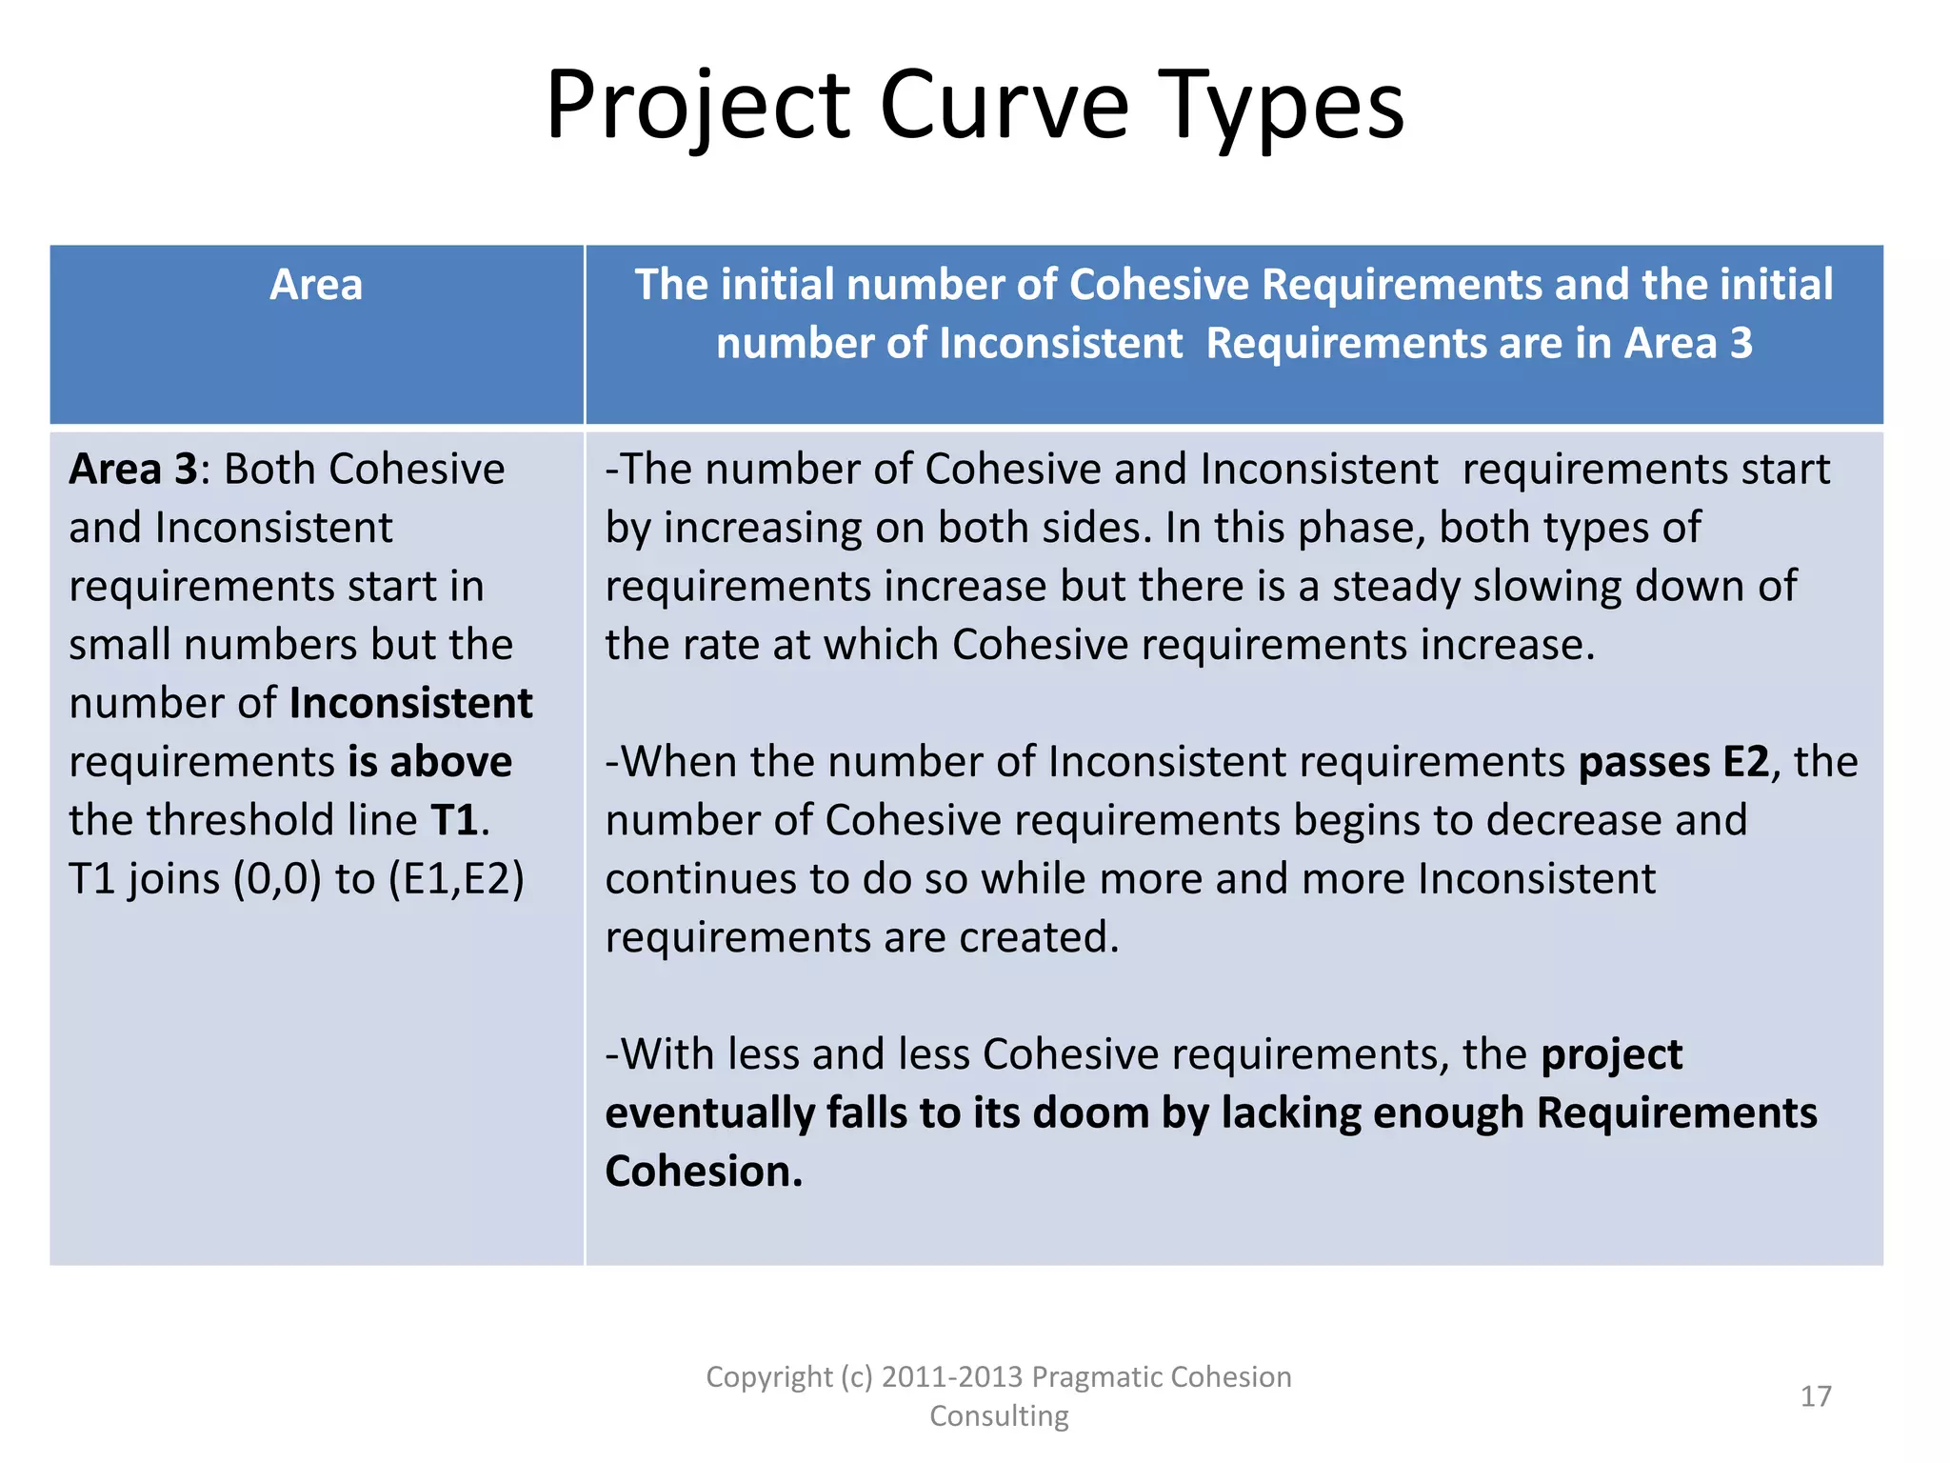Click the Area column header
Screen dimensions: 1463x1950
click(316, 285)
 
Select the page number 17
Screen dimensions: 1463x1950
click(1816, 1396)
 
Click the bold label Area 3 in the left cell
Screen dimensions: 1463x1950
click(132, 470)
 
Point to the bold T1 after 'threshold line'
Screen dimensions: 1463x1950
click(453, 821)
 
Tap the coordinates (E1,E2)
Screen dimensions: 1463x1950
click(456, 879)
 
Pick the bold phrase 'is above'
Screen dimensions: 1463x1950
click(429, 762)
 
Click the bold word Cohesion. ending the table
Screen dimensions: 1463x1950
click(704, 1172)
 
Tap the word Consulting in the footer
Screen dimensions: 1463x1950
click(999, 1416)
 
